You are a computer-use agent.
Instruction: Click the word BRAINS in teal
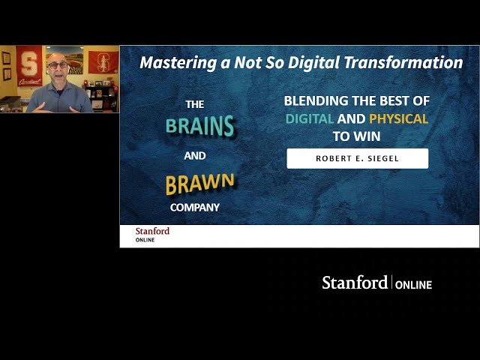point(200,125)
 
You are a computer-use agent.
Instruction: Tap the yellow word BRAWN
point(200,183)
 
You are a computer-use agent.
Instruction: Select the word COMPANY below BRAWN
point(195,208)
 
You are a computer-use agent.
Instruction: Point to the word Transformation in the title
point(403,62)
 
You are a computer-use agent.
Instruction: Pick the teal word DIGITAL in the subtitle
point(310,118)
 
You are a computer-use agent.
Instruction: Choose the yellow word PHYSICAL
point(398,118)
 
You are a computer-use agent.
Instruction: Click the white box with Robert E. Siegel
point(358,158)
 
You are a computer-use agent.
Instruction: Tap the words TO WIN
point(357,136)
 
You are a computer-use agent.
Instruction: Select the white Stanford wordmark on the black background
point(355,282)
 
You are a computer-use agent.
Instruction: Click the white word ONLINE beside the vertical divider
point(413,285)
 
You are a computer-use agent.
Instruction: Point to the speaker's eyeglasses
point(58,65)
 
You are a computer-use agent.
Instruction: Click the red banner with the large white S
point(29,65)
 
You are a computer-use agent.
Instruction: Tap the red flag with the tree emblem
point(103,62)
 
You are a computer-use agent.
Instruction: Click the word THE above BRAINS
point(195,105)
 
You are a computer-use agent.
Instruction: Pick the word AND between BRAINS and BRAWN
point(195,156)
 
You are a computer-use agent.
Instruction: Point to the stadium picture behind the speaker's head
point(73,60)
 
